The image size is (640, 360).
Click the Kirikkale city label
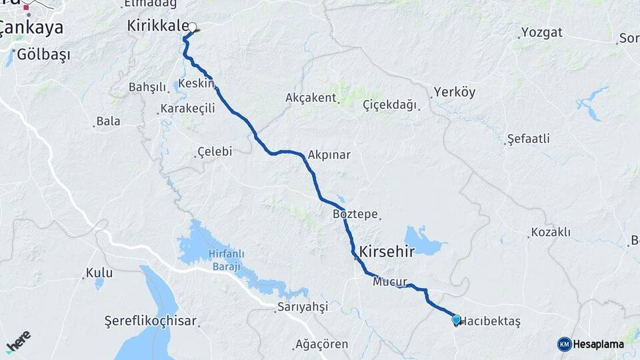click(x=157, y=26)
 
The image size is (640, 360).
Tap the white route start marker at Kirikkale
click(x=193, y=27)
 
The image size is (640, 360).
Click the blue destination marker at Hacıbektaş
click(x=456, y=320)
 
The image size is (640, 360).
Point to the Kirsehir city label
click(x=387, y=251)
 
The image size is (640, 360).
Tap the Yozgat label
click(x=542, y=32)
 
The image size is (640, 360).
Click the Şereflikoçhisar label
click(x=151, y=321)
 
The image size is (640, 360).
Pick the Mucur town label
click(x=390, y=282)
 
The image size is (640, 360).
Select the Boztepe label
click(x=355, y=215)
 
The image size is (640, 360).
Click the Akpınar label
click(x=329, y=155)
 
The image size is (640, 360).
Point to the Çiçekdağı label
click(x=389, y=105)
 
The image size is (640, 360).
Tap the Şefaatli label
click(x=528, y=139)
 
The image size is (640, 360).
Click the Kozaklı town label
click(x=550, y=232)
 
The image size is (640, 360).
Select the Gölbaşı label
click(x=44, y=55)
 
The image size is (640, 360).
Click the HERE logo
click(x=18, y=341)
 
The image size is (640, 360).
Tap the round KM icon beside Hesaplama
click(x=564, y=344)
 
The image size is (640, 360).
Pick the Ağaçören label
click(x=321, y=345)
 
